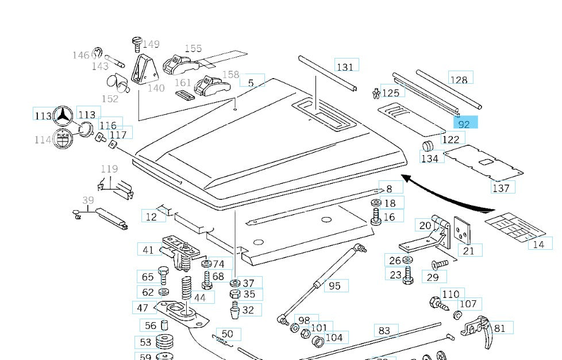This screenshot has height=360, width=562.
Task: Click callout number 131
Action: point(345,67)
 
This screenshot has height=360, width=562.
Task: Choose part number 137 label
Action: point(501,188)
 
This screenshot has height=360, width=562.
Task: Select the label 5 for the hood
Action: point(251,83)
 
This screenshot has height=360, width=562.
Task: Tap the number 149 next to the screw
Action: point(151,44)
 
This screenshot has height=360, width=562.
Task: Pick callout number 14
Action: point(538,244)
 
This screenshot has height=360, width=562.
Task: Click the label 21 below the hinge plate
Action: point(469,250)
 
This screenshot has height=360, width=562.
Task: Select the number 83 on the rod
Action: point(384,331)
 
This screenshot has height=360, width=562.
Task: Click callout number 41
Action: point(148,250)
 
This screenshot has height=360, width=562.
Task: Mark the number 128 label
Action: point(459,80)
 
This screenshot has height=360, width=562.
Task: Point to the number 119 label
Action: point(109,169)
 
